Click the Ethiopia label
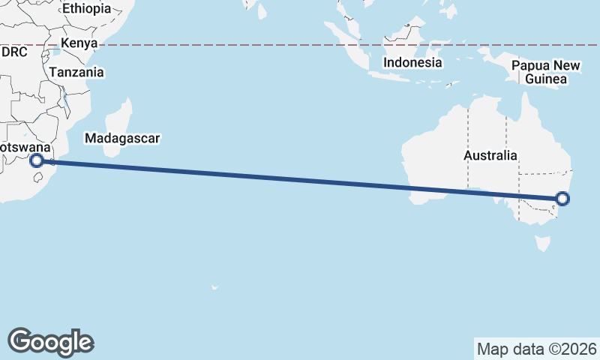click(86, 9)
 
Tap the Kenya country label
click(79, 43)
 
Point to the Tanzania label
click(76, 73)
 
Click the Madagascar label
click(124, 139)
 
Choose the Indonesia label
click(412, 63)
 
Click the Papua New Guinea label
click(546, 72)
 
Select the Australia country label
click(490, 156)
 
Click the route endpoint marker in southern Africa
click(37, 160)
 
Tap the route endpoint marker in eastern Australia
click(562, 199)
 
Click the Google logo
click(50, 341)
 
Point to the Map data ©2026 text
click(536, 349)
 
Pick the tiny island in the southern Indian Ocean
click(214, 287)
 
